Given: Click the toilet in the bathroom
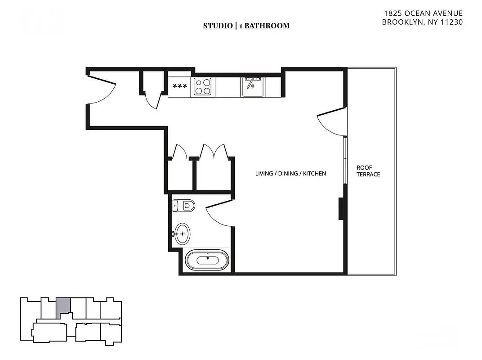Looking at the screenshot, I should pyautogui.click(x=184, y=206).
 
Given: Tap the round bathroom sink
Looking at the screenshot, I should pyautogui.click(x=182, y=234).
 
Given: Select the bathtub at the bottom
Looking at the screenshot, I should pyautogui.click(x=208, y=260).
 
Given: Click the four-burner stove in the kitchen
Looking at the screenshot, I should pyautogui.click(x=203, y=86).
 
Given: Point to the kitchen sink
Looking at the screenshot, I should pyautogui.click(x=254, y=86).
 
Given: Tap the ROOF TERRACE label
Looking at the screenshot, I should pyautogui.click(x=368, y=171).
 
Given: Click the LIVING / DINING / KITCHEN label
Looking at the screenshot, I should pyautogui.click(x=290, y=173).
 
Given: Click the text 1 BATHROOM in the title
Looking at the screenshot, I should pyautogui.click(x=264, y=26).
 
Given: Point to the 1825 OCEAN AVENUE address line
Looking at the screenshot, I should pyautogui.click(x=422, y=13).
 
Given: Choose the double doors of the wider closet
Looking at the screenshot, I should pyautogui.click(x=213, y=152).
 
